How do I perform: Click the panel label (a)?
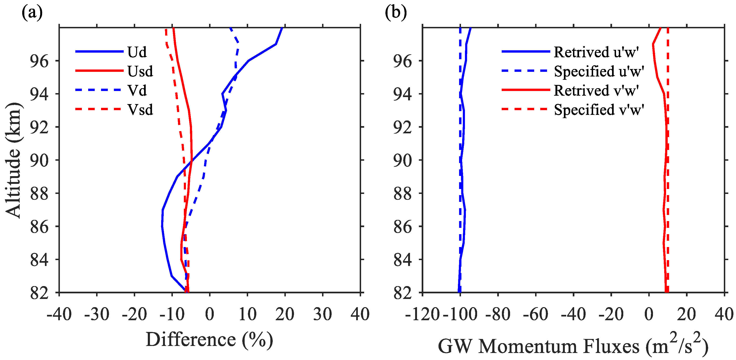(32, 13)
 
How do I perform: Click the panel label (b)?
(396, 13)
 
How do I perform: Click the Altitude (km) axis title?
(13, 160)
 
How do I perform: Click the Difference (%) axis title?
(209, 340)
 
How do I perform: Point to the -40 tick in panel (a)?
(59, 314)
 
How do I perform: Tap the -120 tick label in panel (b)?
(422, 314)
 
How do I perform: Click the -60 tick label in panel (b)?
(535, 314)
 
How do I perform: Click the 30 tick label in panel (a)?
(323, 314)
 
